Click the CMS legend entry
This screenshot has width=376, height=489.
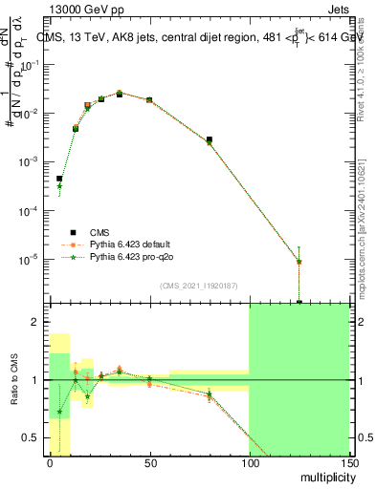(x=100, y=231)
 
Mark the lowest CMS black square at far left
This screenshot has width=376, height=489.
(x=59, y=179)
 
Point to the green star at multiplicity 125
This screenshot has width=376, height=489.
(x=299, y=261)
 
